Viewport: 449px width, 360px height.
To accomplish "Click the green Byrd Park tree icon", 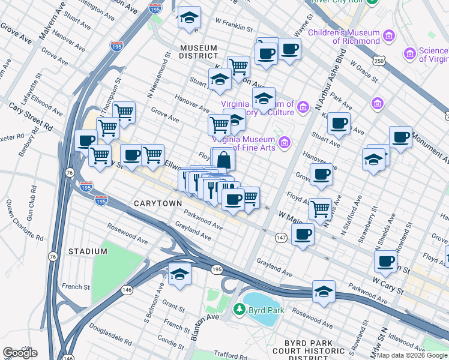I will coord(240,310).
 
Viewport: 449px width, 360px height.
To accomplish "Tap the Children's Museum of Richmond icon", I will coord(389,37).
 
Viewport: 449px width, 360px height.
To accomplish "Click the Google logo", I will coord(20,352).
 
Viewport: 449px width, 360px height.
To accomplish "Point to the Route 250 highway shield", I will coord(378,61).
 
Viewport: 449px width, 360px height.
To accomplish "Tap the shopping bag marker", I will coord(223,161).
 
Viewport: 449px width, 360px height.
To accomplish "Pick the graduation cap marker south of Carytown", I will coord(179,274).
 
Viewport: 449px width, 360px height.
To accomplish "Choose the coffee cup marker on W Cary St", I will coord(385,260).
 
